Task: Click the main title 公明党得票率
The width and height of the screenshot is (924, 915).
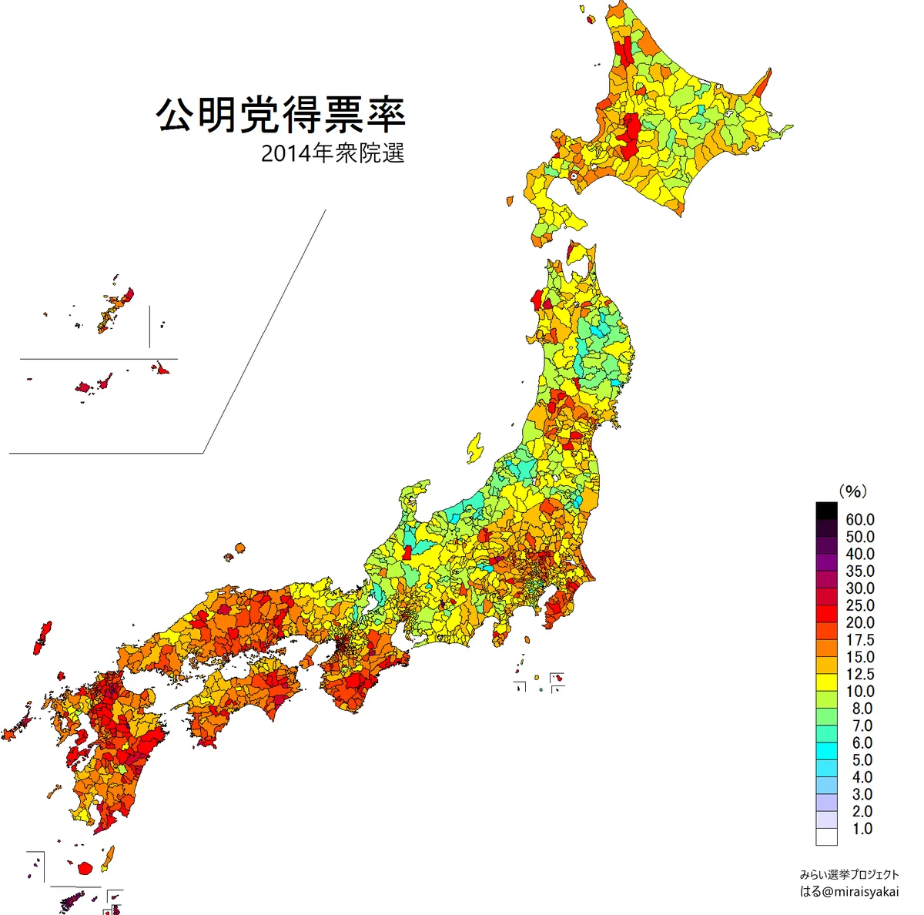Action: tap(281, 116)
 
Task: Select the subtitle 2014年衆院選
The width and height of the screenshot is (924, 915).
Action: tap(333, 154)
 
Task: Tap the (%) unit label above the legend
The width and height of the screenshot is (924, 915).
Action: tap(852, 491)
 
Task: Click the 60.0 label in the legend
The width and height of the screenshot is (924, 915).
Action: tap(859, 520)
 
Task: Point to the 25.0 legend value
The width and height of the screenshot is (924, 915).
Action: tap(859, 605)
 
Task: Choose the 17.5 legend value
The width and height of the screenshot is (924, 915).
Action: tap(859, 640)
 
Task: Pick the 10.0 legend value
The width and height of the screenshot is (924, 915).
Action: tap(859, 691)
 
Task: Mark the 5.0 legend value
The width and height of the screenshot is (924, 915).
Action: tap(862, 760)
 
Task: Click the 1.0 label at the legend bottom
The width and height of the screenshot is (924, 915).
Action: tap(862, 829)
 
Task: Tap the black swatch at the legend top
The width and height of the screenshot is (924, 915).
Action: tap(826, 511)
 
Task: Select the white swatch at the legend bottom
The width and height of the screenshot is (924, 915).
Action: tap(826, 836)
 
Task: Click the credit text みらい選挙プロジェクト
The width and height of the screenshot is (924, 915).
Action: tap(849, 875)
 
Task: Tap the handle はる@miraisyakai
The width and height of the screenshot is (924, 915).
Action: tap(849, 892)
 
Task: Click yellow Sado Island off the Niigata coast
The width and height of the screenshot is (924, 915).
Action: tap(474, 447)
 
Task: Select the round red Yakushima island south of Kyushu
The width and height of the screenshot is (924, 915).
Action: tap(86, 868)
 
